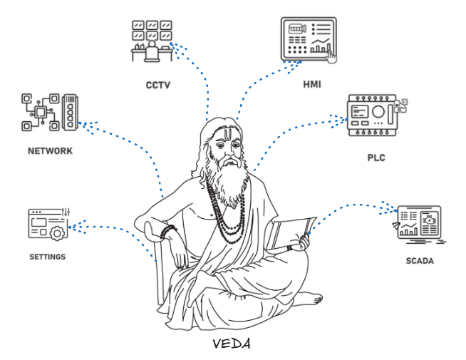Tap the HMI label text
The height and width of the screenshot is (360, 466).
[x=311, y=84]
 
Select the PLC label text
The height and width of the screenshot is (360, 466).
[x=376, y=157]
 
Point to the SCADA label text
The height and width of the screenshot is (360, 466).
[x=419, y=260]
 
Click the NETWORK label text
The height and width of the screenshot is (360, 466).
[x=50, y=151]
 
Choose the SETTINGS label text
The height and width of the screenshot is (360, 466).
[x=47, y=257]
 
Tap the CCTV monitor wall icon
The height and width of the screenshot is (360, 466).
[x=152, y=41]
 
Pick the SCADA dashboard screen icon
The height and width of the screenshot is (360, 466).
[x=418, y=225]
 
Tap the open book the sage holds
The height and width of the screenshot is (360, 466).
[x=291, y=232]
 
